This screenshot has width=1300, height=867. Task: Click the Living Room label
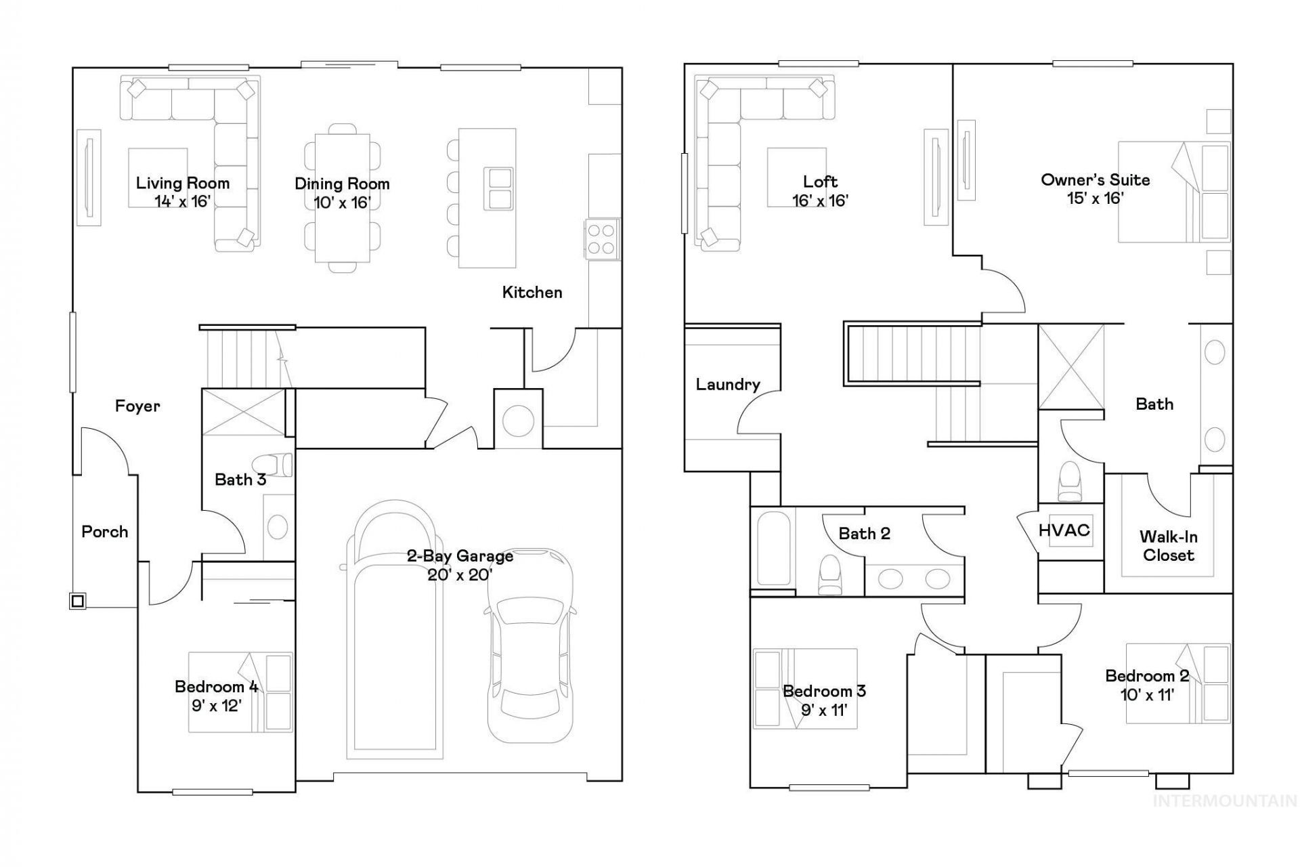point(183,183)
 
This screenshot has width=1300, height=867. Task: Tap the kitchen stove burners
point(601,240)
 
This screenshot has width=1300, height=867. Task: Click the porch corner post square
point(78,601)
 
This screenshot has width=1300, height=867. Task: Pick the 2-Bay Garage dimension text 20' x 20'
point(460,575)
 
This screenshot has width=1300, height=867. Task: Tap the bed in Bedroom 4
point(240,692)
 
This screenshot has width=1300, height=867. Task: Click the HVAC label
point(1064,530)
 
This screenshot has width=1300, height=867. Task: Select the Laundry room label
point(728,385)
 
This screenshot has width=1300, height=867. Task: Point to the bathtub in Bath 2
point(774,549)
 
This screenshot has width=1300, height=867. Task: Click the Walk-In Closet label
point(1169,546)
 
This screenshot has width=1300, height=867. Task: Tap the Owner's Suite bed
point(1173,192)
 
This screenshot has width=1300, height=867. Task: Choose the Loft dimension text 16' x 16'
point(821,200)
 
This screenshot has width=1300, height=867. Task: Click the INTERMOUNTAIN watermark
point(1225,801)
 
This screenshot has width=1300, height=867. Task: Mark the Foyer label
point(137,406)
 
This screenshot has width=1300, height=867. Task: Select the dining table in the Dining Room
point(342,198)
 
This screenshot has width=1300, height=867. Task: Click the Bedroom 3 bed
point(805,688)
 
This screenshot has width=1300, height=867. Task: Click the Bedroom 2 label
point(1147,675)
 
